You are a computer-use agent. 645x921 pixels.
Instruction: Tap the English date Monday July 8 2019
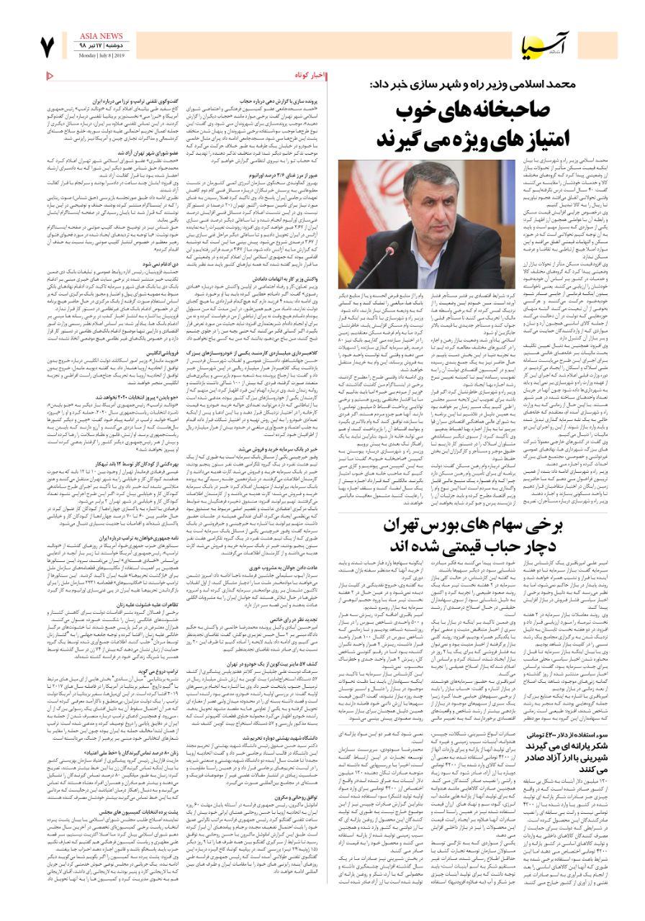coord(100,55)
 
